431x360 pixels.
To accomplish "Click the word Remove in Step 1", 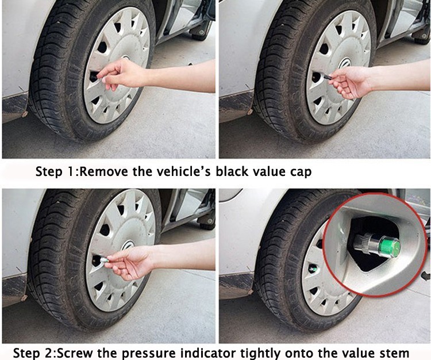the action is (x=103, y=171).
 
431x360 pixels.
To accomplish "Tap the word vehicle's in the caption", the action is (x=184, y=171).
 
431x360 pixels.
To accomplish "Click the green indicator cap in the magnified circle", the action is (x=388, y=246).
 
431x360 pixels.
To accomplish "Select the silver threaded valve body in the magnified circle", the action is (x=367, y=243).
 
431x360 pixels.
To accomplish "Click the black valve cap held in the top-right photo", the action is (x=328, y=77).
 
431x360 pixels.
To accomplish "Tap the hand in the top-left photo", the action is (x=121, y=74).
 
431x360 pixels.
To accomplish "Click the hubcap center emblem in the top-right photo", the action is (x=344, y=63).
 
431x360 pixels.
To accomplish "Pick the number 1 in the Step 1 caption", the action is (x=70, y=171).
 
